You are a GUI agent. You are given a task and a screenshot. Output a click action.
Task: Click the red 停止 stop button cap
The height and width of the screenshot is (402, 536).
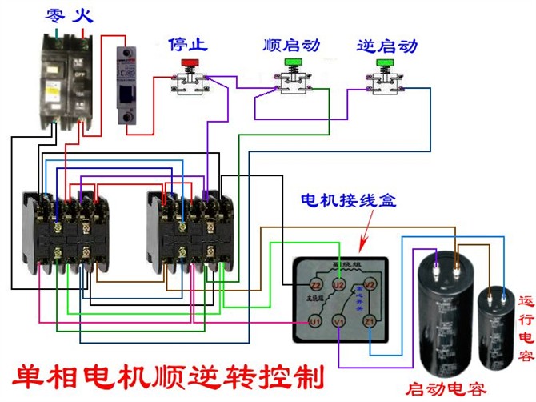click(190, 61)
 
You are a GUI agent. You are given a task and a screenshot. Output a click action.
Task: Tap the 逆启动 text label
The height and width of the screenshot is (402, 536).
click(386, 44)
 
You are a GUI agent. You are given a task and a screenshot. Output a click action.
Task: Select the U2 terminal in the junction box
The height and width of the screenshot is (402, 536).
click(338, 283)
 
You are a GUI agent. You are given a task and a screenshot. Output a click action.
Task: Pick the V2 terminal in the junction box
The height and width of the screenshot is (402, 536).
click(370, 283)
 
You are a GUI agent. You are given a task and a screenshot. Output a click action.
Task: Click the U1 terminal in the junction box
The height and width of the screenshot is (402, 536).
click(315, 321)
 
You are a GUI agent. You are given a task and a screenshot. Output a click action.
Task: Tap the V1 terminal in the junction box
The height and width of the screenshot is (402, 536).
click(338, 321)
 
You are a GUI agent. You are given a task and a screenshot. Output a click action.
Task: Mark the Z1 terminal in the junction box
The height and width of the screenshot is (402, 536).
click(370, 321)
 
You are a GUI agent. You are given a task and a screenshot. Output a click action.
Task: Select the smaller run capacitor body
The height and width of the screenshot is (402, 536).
click(496, 328)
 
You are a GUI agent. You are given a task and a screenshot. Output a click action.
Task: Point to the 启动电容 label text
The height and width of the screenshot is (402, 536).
click(446, 390)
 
